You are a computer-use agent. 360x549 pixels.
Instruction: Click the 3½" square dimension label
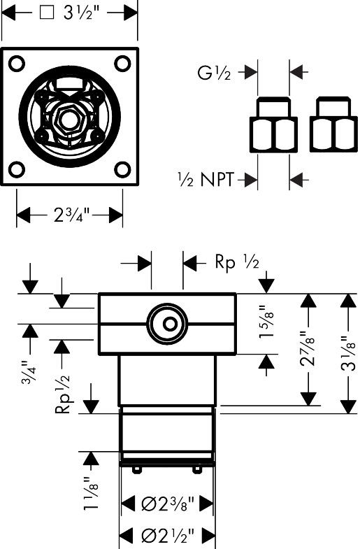(x=67, y=13)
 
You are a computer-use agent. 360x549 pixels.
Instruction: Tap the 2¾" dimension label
(x=72, y=214)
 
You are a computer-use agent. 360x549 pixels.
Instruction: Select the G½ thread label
(x=214, y=73)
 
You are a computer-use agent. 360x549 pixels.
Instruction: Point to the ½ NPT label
(x=206, y=180)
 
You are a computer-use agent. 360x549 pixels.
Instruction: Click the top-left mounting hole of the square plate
(x=17, y=64)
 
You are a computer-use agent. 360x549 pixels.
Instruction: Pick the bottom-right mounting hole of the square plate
(x=122, y=169)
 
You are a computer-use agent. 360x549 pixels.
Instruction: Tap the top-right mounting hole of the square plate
(x=122, y=64)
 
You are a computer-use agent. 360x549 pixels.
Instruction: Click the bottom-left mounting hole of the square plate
(x=17, y=169)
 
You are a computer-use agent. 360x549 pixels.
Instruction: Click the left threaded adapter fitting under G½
(x=273, y=124)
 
